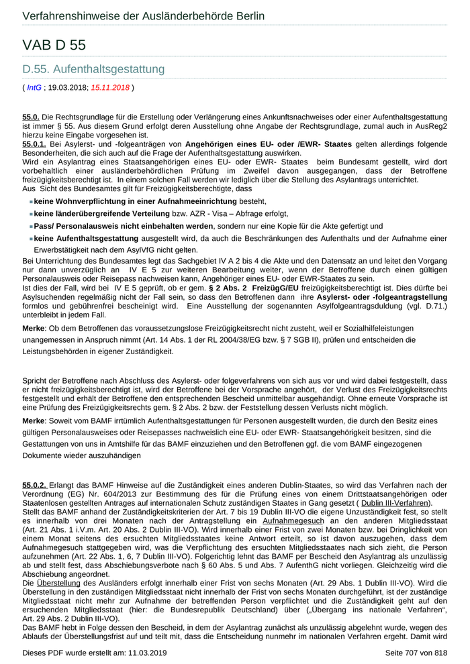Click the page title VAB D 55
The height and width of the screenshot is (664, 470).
pos(54,46)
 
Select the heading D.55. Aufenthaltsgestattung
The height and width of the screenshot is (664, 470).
pos(93,69)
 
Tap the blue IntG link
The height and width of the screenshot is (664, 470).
pos(34,87)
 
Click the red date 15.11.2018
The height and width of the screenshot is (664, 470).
pos(110,87)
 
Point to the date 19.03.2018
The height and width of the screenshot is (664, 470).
pos(67,87)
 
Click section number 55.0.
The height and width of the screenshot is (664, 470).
pos(31,117)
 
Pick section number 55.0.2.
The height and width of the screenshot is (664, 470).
pos(34,485)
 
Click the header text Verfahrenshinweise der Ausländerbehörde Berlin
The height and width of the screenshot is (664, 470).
pos(143,15)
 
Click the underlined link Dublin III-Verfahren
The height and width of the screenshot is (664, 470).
pos(395,503)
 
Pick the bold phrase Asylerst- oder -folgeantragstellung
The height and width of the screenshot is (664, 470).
pos(390,296)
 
